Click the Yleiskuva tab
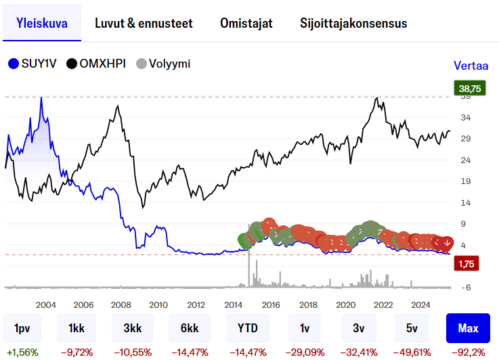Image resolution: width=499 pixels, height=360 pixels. click(x=41, y=23)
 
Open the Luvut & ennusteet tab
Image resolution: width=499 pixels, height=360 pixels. click(x=144, y=23)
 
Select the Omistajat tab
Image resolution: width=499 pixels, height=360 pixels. click(x=246, y=23)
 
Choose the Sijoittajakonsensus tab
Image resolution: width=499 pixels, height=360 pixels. click(x=353, y=23)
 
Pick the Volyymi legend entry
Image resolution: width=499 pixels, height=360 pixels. click(x=163, y=64)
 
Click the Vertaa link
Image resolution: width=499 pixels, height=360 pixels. click(x=471, y=66)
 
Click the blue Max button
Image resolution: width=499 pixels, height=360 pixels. click(x=468, y=328)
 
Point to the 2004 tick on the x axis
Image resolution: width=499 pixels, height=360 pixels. click(x=45, y=304)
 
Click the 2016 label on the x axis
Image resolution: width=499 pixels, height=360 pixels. click(x=271, y=304)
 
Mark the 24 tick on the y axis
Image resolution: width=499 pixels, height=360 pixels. click(x=466, y=160)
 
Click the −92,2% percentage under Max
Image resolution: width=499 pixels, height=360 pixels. click(x=469, y=352)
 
